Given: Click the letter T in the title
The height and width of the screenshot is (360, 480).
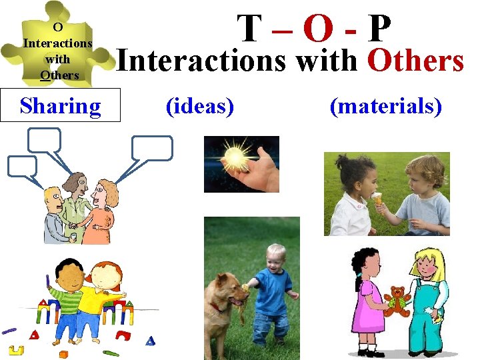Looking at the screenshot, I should click(x=250, y=29).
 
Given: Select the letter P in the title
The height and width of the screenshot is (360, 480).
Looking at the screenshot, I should click(x=379, y=29).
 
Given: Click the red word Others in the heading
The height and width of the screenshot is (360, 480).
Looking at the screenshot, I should click(x=415, y=61).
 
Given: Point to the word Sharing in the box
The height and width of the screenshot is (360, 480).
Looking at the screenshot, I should click(x=61, y=107).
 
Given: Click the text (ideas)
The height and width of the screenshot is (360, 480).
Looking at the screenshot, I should click(x=199, y=106).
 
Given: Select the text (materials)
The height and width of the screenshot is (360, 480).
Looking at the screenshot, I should click(x=386, y=106).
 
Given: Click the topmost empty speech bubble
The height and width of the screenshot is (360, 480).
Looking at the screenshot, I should click(x=45, y=140).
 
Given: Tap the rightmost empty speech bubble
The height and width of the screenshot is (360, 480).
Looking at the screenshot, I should click(x=152, y=148).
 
